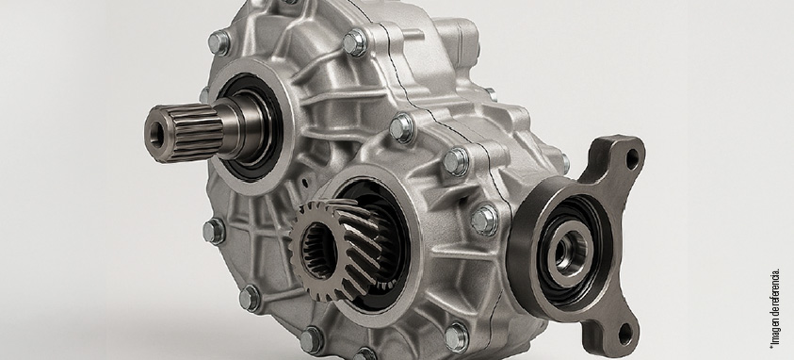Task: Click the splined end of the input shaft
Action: (185, 133)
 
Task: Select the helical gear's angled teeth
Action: (338, 249)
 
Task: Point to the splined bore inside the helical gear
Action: (318, 251)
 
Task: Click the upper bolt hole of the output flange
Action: (631, 159)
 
